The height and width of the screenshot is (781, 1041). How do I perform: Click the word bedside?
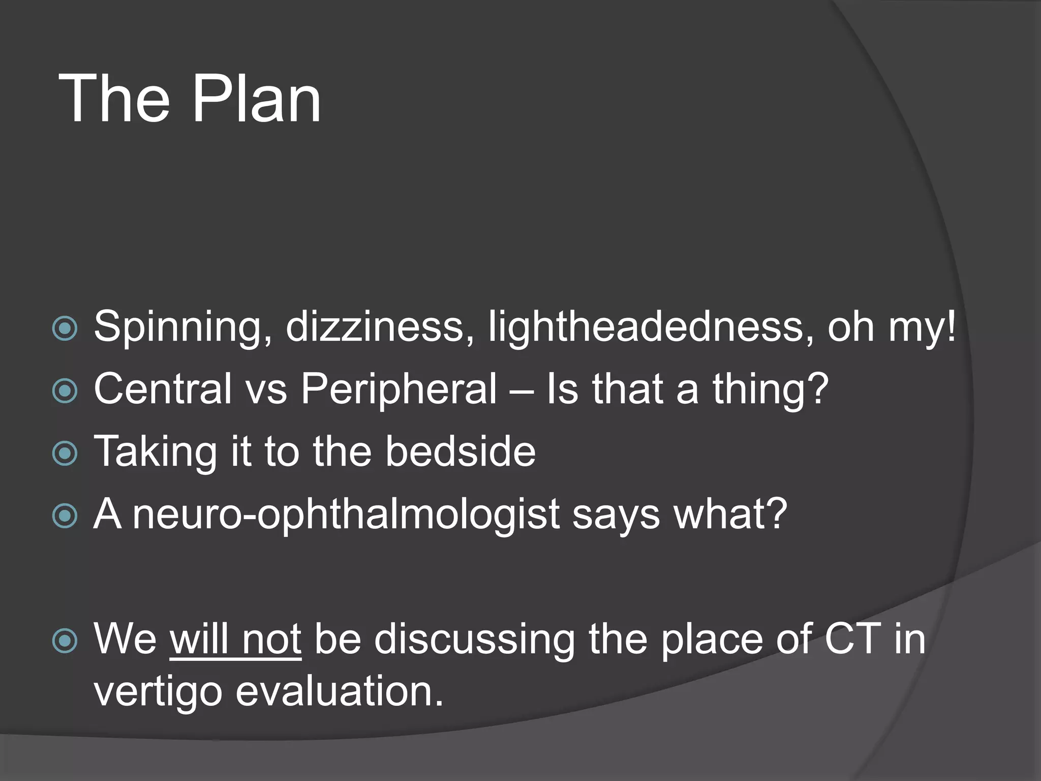tap(460, 451)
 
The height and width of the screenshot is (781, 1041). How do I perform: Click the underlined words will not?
tap(235, 639)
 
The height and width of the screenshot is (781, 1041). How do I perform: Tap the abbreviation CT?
tap(852, 639)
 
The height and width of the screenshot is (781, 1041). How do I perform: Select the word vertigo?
tap(158, 693)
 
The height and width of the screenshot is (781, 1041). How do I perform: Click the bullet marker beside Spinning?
tap(65, 329)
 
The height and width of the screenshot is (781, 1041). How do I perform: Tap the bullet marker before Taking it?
tap(65, 454)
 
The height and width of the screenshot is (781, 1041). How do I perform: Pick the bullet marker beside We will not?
tap(65, 641)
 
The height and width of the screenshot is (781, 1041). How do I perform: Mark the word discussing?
tap(475, 639)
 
